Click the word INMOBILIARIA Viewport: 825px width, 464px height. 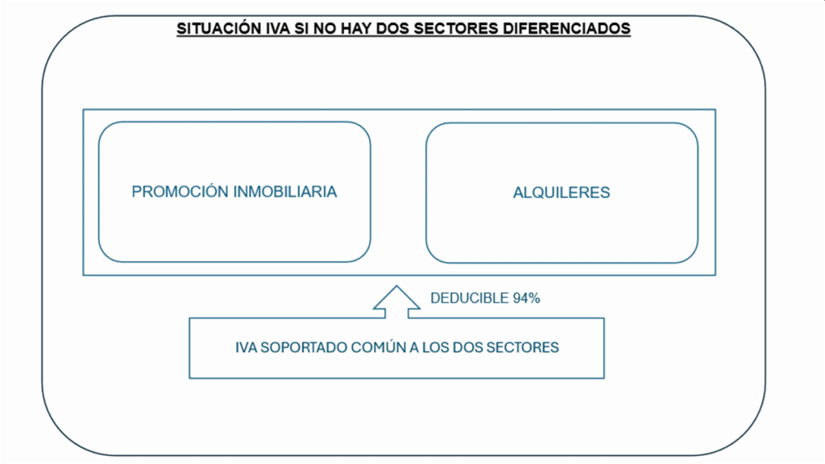pyautogui.click(x=284, y=192)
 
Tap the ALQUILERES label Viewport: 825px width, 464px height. pyautogui.click(x=562, y=193)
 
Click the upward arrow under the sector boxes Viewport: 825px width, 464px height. pyautogui.click(x=396, y=301)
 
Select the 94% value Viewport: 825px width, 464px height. pyautogui.click(x=527, y=298)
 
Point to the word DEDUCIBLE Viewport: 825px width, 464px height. pyautogui.click(x=470, y=298)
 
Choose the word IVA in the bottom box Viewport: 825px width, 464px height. pyautogui.click(x=246, y=348)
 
